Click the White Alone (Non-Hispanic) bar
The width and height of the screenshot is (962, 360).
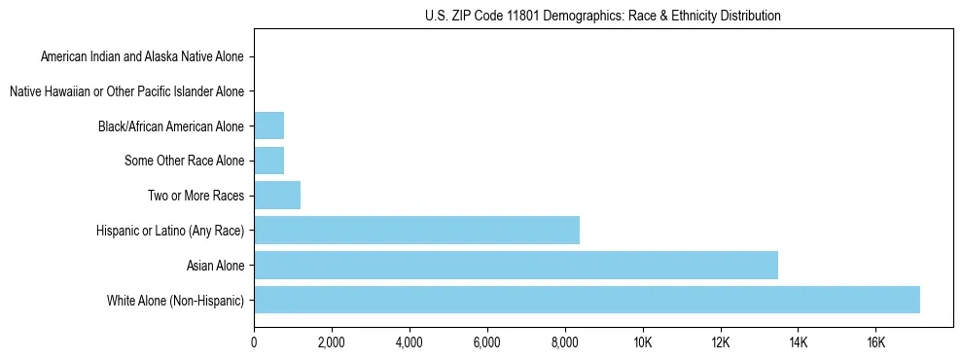[x=587, y=301]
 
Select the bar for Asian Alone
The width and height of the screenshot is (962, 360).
[x=516, y=265]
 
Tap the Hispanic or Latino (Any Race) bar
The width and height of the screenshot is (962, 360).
[x=416, y=230]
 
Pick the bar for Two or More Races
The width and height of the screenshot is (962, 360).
[x=277, y=195]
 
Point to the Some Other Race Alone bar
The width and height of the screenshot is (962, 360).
[x=268, y=160]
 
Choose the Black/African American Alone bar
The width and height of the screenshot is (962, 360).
[x=268, y=126]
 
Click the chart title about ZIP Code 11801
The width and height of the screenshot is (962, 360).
[x=603, y=16]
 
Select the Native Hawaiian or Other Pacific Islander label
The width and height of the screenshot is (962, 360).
[x=127, y=91]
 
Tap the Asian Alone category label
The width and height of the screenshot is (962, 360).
[x=216, y=266]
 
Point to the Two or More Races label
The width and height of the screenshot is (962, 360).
[x=197, y=196]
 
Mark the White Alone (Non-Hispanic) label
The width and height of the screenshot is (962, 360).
[x=176, y=301]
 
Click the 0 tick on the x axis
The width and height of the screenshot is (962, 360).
[x=254, y=342]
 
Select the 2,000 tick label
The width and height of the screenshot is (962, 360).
[x=332, y=342]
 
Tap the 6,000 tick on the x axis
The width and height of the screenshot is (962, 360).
[x=486, y=342]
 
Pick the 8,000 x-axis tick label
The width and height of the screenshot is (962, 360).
[x=564, y=342]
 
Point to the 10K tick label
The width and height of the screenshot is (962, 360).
[x=642, y=342]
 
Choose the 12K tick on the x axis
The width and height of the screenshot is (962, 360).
[x=720, y=342]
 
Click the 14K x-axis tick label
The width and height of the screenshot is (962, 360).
[x=798, y=342]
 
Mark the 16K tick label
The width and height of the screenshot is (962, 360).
[x=875, y=342]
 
